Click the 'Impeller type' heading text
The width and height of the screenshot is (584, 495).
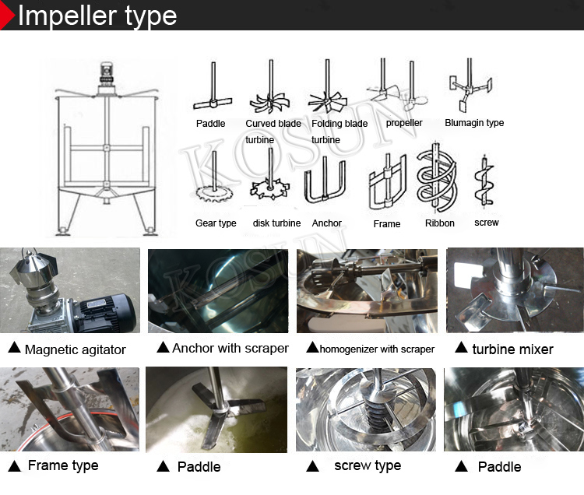click(97, 15)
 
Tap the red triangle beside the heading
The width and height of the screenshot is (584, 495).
click(7, 16)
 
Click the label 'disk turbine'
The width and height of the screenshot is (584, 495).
click(276, 223)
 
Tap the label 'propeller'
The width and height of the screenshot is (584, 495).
click(404, 123)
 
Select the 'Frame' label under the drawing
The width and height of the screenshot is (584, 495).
click(387, 223)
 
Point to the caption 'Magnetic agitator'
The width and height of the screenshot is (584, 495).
click(75, 349)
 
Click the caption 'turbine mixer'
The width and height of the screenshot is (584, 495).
click(512, 349)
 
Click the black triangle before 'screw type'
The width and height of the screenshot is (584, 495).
click(312, 466)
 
